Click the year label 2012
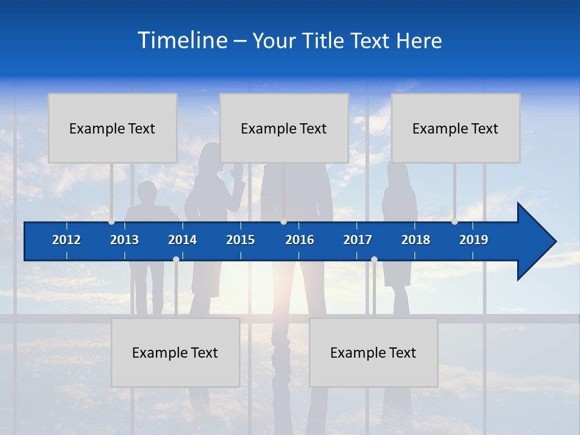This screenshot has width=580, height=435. [66, 240]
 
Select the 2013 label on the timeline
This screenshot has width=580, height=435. [124, 240]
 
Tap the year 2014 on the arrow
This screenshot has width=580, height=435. [182, 240]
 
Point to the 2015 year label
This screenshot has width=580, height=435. [240, 240]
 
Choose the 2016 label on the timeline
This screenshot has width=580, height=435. [300, 240]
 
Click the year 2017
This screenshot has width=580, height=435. [358, 240]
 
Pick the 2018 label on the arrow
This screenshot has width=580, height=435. [416, 240]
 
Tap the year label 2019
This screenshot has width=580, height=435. [474, 240]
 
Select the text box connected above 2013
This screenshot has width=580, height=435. [112, 128]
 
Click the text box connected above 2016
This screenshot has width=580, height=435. [284, 128]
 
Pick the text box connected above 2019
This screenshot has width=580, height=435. [456, 128]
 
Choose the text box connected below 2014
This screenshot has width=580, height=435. [175, 352]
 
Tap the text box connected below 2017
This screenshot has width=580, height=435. [373, 352]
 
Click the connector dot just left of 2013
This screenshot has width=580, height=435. [112, 221]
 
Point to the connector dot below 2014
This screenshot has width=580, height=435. [176, 260]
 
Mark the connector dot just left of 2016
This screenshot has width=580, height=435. [284, 221]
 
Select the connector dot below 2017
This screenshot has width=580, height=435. [374, 260]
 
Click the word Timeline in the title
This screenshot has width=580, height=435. [182, 40]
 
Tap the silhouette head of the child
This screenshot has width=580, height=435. [146, 192]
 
